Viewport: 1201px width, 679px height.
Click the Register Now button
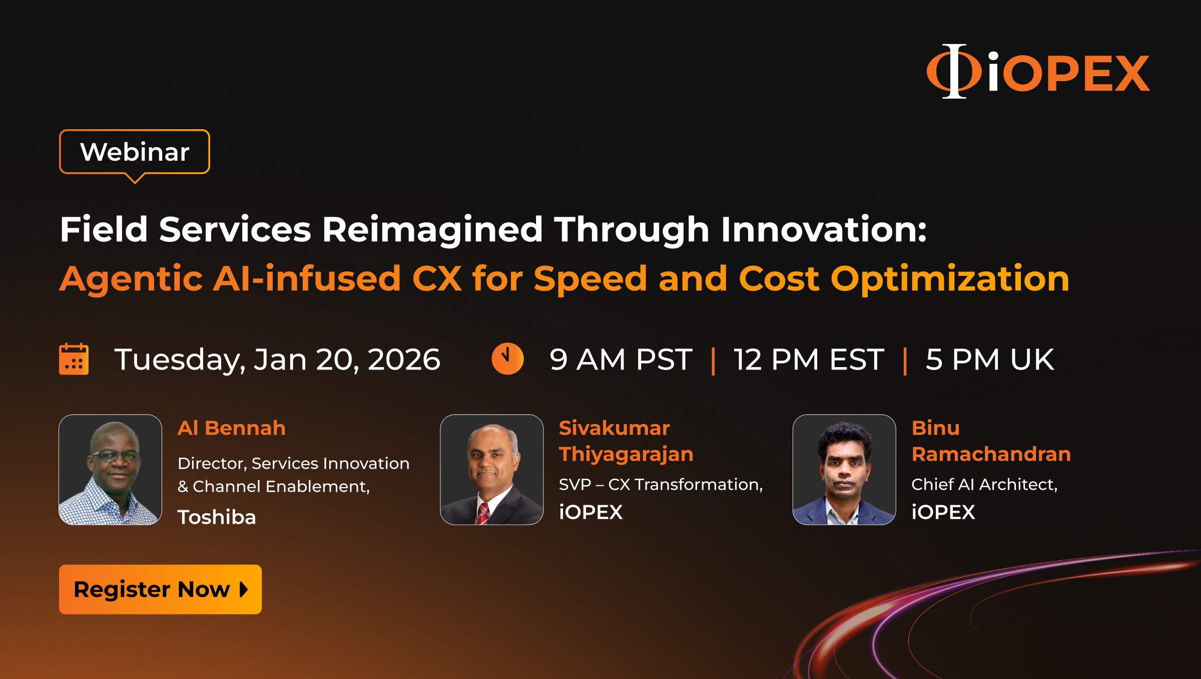coord(160,589)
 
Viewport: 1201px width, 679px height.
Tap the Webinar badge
coord(135,152)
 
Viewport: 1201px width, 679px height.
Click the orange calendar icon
coord(74,359)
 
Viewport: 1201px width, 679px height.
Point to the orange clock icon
coord(507,359)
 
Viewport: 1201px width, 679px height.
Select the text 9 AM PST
coord(621,360)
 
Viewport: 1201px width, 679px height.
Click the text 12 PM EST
coord(809,360)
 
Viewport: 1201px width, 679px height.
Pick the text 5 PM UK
coord(990,360)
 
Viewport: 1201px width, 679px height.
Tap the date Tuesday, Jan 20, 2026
coord(277,360)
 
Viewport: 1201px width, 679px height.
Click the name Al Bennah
coord(232,428)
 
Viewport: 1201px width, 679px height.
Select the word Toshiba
coord(217,517)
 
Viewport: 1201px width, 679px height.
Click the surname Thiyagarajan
coord(626,455)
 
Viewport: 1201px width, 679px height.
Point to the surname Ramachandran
coord(991,454)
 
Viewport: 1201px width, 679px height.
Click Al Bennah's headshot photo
coord(110,470)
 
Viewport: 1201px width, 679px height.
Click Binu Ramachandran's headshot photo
coord(844,470)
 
